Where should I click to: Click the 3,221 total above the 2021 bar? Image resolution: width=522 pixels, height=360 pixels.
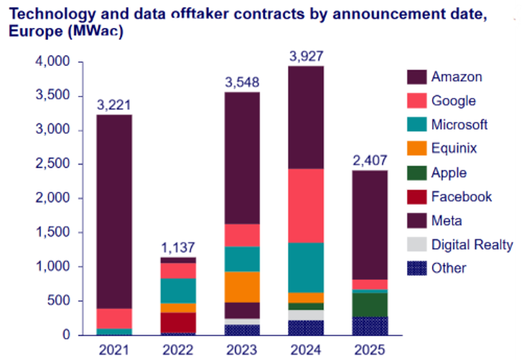click(x=114, y=104)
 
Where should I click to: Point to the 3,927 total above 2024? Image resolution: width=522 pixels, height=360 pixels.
click(x=306, y=55)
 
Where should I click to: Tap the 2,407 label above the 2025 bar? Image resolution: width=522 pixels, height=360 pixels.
click(x=370, y=160)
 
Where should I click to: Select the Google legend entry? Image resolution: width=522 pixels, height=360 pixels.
click(x=453, y=100)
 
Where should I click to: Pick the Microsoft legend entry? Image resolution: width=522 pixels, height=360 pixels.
click(x=459, y=125)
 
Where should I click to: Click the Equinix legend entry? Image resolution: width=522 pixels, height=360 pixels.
click(x=454, y=148)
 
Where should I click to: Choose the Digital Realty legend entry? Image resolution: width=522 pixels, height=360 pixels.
click(x=472, y=245)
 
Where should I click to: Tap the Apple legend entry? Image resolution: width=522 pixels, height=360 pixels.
click(x=449, y=172)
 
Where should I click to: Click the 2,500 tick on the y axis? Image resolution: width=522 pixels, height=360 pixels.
click(x=52, y=164)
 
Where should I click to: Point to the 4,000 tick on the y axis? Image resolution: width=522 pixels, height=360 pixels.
click(x=52, y=63)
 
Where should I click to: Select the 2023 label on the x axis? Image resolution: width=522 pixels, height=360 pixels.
click(x=242, y=350)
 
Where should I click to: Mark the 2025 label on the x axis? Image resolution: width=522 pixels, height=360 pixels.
click(x=370, y=350)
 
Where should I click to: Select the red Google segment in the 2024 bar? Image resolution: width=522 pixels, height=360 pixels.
click(x=306, y=205)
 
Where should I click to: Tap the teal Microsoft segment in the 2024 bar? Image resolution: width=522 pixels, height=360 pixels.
click(x=306, y=267)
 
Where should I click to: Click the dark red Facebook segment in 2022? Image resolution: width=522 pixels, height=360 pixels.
click(x=178, y=322)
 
